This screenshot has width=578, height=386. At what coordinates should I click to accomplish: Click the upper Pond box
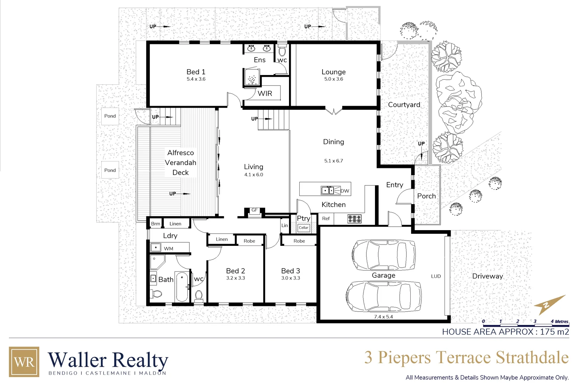[110, 116]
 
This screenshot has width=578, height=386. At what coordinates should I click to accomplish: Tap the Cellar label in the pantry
[304, 228]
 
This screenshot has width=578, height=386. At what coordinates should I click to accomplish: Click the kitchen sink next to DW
[328, 190]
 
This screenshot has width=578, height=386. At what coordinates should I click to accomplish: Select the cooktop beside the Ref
[354, 219]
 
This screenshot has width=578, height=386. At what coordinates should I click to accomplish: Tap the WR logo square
[24, 362]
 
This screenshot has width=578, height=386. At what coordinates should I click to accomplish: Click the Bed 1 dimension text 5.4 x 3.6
[196, 79]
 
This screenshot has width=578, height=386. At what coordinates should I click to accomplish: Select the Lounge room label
[333, 72]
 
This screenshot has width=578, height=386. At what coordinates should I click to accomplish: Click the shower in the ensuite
[252, 78]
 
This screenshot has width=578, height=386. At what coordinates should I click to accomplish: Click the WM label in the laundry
[168, 248]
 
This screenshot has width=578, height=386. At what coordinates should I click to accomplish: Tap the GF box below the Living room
[254, 210]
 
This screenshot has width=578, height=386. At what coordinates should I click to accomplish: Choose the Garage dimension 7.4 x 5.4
[383, 317]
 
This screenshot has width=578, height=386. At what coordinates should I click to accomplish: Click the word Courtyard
[404, 105]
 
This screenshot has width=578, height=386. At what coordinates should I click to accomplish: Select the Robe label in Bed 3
[299, 241]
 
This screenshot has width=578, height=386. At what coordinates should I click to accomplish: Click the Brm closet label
[156, 224]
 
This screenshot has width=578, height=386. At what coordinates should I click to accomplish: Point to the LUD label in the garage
[436, 276]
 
